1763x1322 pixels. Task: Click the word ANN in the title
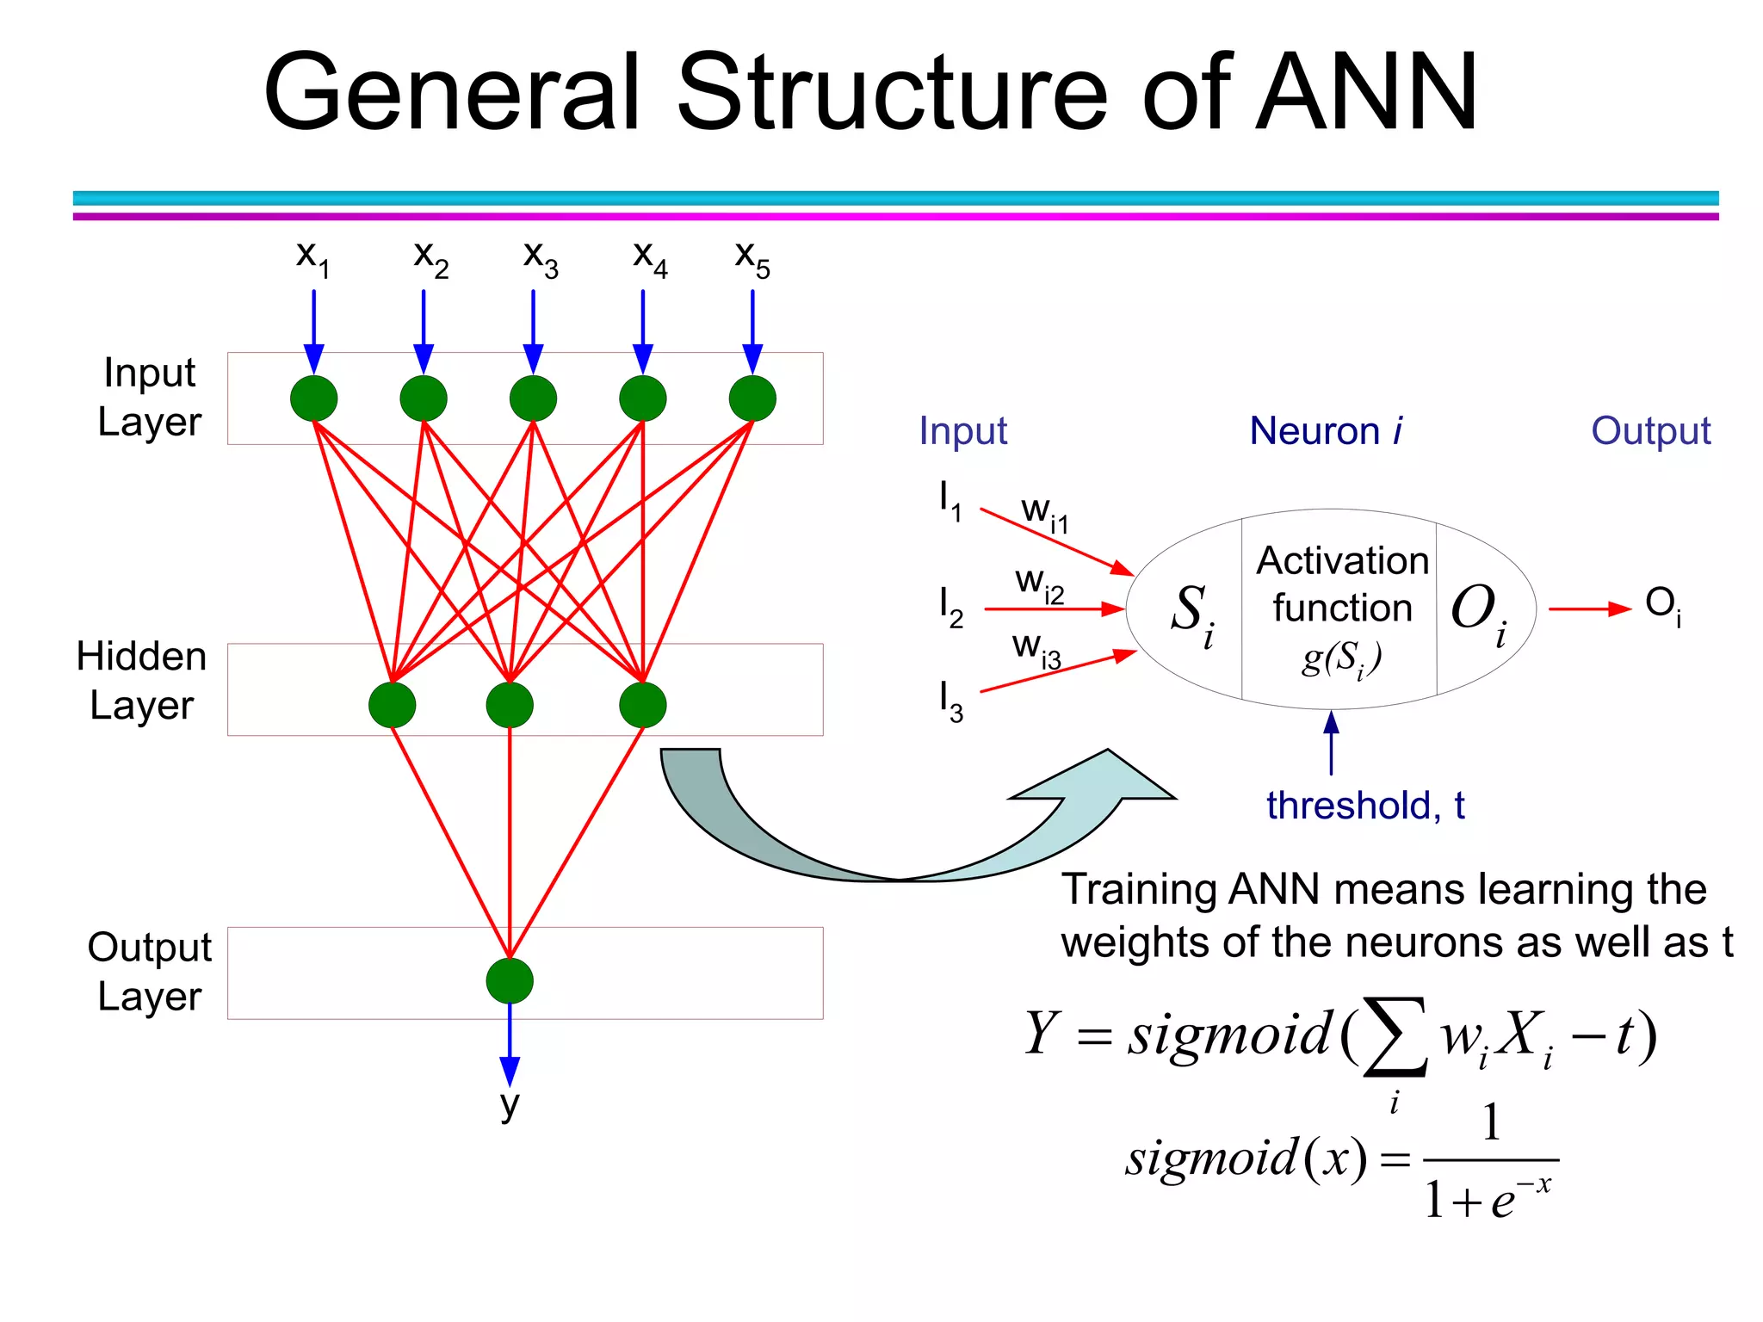(x=1367, y=92)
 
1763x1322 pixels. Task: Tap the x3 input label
(x=540, y=257)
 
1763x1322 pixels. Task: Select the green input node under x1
(x=313, y=398)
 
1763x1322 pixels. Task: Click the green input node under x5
(x=752, y=398)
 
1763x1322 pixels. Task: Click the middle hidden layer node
(x=510, y=705)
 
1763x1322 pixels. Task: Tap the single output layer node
(x=510, y=981)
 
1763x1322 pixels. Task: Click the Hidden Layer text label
(x=141, y=681)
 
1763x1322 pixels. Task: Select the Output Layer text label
(x=149, y=972)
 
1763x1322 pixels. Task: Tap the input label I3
(x=950, y=701)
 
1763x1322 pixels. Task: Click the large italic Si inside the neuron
(x=1191, y=613)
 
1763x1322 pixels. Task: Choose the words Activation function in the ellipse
(x=1342, y=584)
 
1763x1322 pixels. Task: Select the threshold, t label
(x=1365, y=806)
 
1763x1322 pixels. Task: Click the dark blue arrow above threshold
(x=1331, y=742)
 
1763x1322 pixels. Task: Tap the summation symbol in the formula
(x=1395, y=1038)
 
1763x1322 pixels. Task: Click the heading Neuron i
(x=1326, y=430)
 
